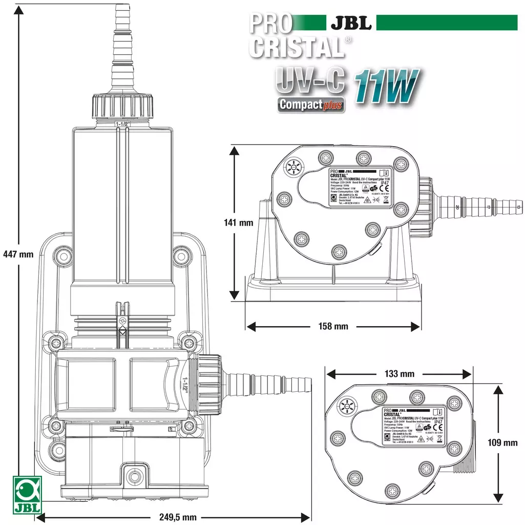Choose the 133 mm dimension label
399,374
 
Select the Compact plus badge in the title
311,105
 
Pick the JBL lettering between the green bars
351,23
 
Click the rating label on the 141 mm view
359,187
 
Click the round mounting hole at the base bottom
135,476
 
